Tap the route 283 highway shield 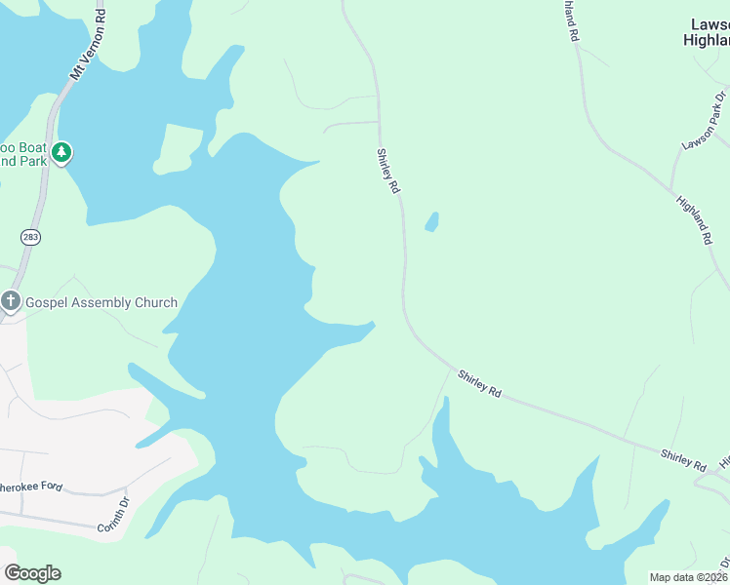31,237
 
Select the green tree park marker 61,152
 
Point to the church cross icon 11,300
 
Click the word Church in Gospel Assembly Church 151,302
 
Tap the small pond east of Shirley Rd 431,222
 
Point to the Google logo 32,573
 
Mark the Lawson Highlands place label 707,32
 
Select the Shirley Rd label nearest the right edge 682,459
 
